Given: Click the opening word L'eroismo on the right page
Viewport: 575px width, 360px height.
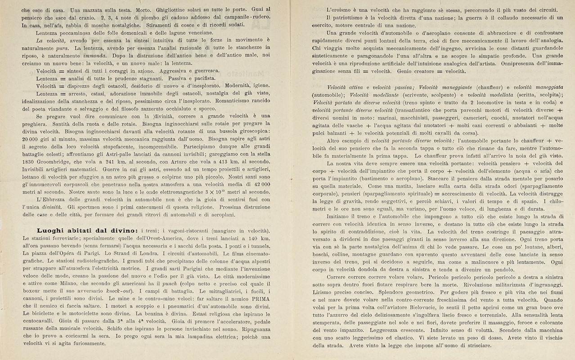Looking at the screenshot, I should (341, 9).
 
